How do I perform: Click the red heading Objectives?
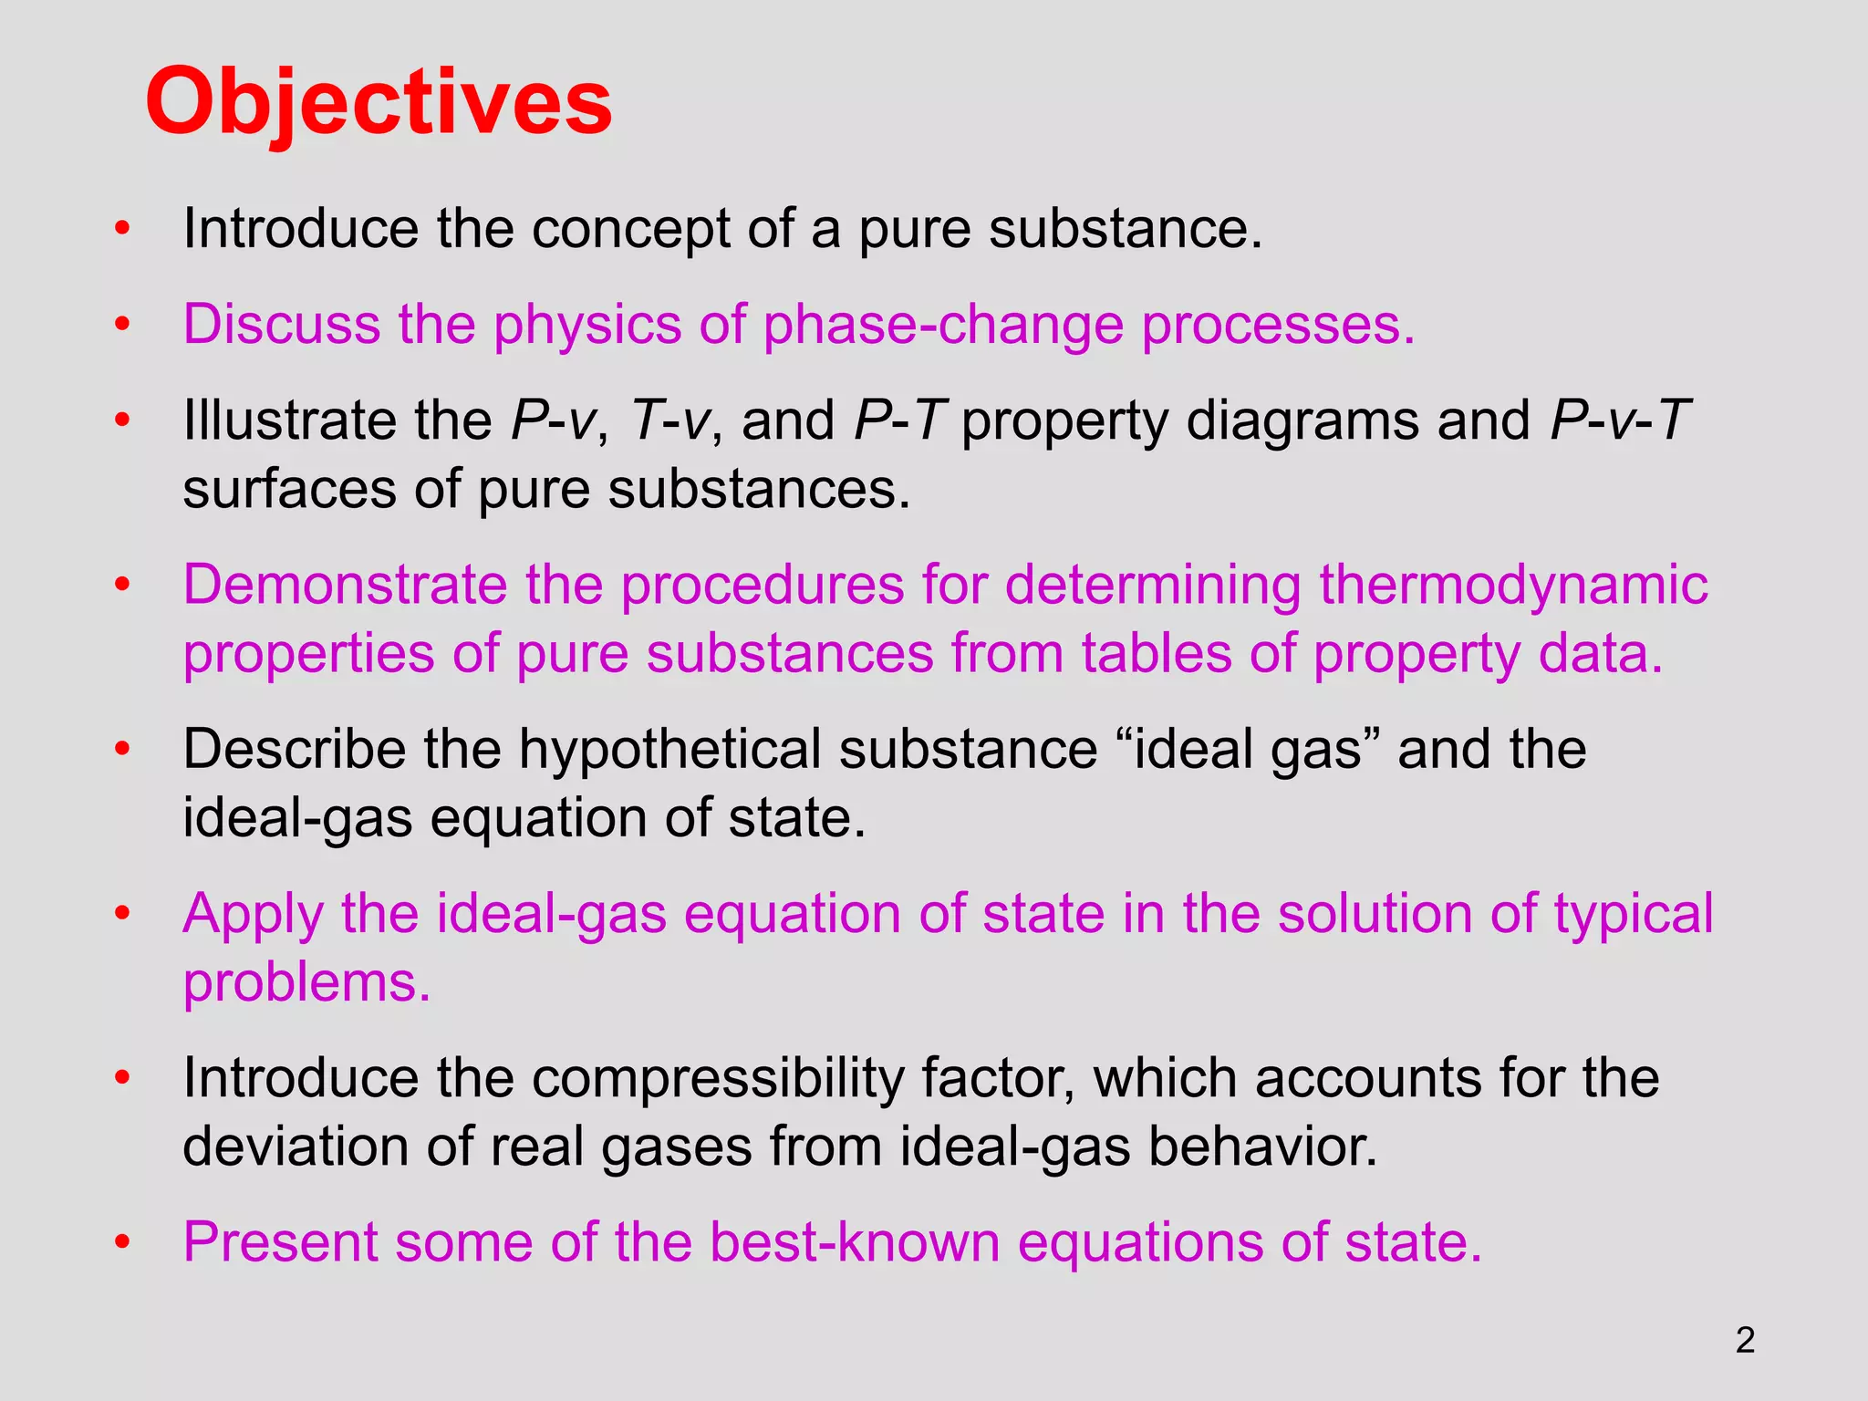[x=379, y=102]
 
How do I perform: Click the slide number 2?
[x=1745, y=1340]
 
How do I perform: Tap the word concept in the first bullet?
[x=630, y=229]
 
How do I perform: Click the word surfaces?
[x=289, y=490]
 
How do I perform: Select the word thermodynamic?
[x=1513, y=586]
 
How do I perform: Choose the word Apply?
[x=253, y=915]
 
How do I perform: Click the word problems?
[x=306, y=983]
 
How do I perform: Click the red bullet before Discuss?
[x=123, y=325]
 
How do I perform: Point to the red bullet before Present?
[x=123, y=1242]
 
